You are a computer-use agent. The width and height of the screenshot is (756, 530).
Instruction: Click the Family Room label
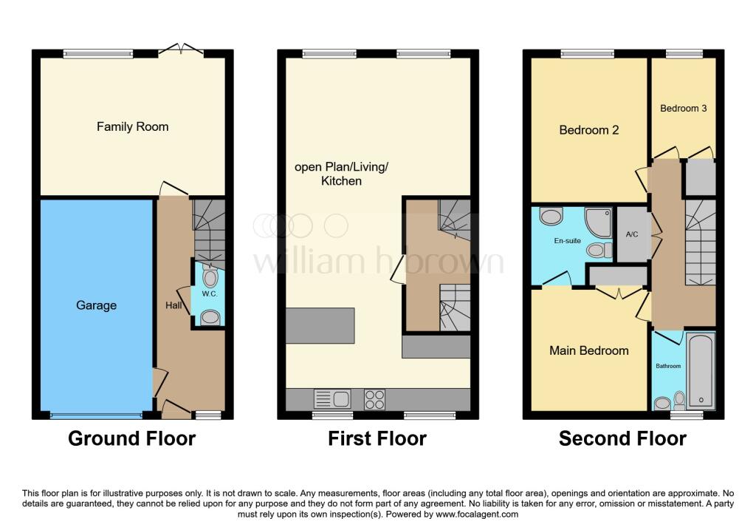pos(133,127)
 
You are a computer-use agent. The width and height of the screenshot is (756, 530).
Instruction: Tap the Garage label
pos(97,305)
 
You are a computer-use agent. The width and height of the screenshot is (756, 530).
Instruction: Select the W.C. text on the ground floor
pos(210,294)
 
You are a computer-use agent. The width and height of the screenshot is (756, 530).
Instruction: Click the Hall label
pos(173,305)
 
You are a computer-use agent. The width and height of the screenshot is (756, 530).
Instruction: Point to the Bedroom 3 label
pos(683,108)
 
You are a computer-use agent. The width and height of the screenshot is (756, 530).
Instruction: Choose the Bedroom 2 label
pos(588,130)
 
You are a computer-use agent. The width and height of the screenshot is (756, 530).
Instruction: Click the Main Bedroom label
pos(588,350)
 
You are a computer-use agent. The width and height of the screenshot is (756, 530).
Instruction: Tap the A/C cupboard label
pos(632,234)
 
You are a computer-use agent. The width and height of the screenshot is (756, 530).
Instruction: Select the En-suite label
pos(567,240)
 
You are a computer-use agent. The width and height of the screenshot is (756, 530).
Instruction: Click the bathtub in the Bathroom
pos(701,371)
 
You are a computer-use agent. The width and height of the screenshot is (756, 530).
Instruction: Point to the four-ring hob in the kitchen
pos(374,400)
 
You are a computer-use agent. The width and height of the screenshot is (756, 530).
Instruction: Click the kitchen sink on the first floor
pos(332,399)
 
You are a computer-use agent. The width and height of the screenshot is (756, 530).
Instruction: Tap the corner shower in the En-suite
pos(598,222)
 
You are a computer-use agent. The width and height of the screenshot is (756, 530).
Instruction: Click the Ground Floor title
pos(131,439)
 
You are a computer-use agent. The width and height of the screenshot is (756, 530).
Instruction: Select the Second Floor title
pos(622,439)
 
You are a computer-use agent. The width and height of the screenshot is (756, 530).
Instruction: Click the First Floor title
pos(377,439)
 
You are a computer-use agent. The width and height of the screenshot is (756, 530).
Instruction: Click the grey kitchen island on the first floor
pos(320,326)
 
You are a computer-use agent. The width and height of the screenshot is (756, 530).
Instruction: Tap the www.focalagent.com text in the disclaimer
pos(477,514)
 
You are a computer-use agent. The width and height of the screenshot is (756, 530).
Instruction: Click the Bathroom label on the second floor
pos(668,366)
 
